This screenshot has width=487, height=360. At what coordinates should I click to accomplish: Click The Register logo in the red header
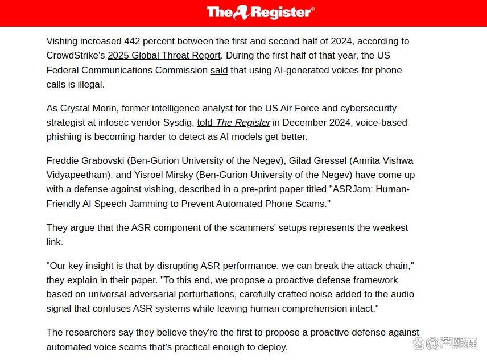coord(260,13)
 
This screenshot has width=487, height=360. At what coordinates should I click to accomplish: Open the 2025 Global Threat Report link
coord(164,56)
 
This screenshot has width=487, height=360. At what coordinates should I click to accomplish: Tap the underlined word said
coord(219,71)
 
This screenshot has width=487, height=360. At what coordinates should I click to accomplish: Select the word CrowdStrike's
coord(76,56)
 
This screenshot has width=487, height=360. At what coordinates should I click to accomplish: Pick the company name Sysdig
coord(177,122)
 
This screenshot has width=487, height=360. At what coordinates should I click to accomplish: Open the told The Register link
coord(233,122)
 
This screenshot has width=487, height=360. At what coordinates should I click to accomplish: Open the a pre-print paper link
coord(268,189)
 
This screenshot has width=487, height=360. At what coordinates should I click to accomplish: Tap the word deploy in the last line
coord(271,346)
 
